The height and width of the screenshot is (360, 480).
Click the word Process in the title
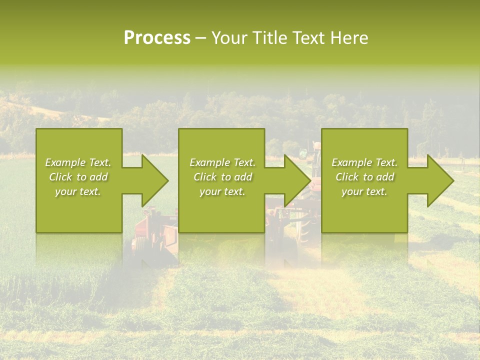[157, 38]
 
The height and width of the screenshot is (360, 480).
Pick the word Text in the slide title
[308, 38]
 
